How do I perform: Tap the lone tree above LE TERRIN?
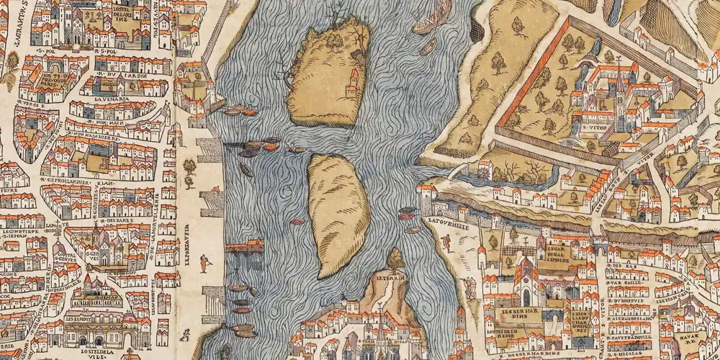[395, 258]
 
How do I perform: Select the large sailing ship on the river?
[433, 18]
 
